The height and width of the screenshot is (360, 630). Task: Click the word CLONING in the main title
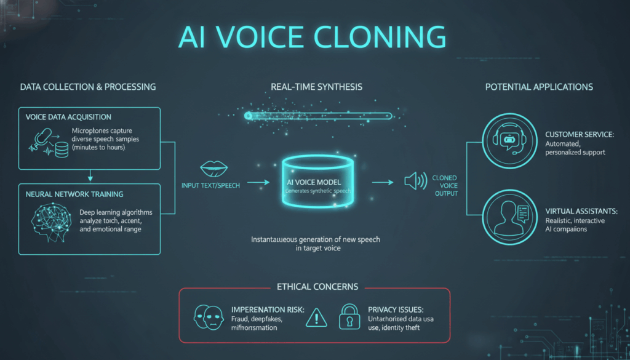[387, 38]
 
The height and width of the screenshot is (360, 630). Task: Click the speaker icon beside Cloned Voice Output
[415, 181]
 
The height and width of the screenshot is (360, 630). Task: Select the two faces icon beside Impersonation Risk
[207, 316]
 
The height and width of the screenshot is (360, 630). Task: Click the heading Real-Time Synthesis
[316, 87]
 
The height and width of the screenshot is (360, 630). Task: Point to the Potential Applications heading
[539, 87]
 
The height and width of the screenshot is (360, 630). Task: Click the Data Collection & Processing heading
[88, 87]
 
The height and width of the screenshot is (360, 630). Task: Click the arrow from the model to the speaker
[382, 182]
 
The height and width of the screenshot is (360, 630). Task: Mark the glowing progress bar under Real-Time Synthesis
[317, 115]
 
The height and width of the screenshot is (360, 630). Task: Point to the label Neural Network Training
[74, 194]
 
